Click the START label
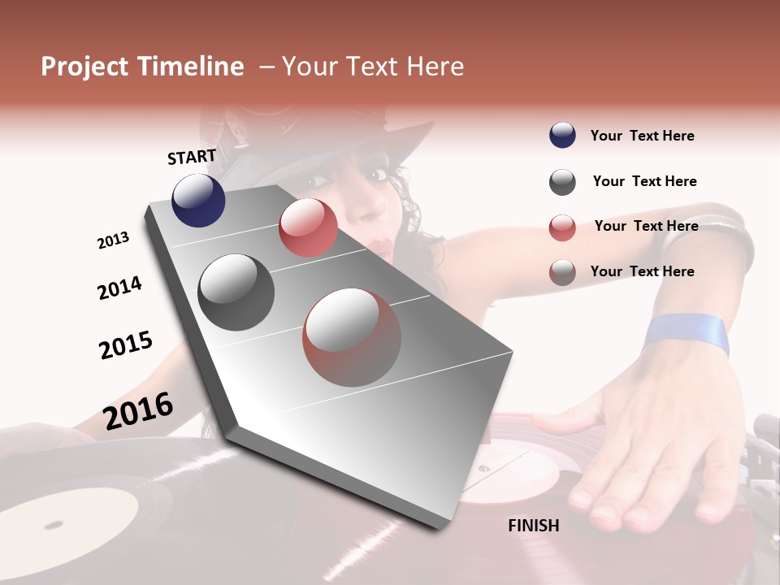tap(192, 157)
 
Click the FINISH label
tap(533, 526)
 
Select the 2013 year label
tap(113, 240)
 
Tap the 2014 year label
tap(119, 288)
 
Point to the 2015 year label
tap(126, 345)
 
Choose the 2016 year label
tap(138, 410)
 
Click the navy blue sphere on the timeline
tap(198, 200)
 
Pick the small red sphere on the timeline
tap(308, 227)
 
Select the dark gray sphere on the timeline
tap(236, 292)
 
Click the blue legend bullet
tap(562, 136)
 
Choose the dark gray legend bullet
tap(562, 182)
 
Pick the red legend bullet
tap(562, 227)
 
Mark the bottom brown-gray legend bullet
tap(562, 272)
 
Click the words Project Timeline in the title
tap(142, 67)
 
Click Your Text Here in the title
tap(373, 67)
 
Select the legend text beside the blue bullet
tap(642, 136)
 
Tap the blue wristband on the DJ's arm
tap(686, 333)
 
